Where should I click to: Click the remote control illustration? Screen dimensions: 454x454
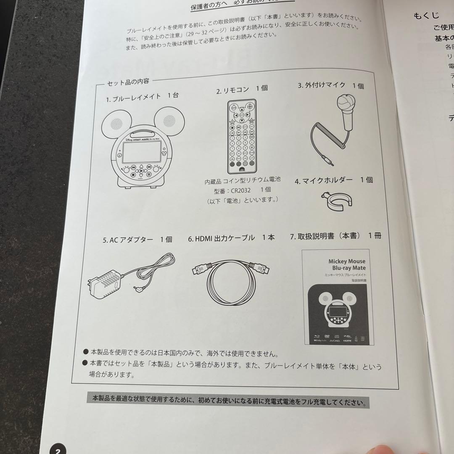(x=241, y=136)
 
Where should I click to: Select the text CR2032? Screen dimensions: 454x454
(x=240, y=190)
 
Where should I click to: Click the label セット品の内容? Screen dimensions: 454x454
(x=128, y=82)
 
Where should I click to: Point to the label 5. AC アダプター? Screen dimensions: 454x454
(x=137, y=240)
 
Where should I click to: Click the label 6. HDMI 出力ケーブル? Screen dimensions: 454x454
(x=231, y=238)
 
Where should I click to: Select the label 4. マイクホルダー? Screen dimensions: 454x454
(x=333, y=180)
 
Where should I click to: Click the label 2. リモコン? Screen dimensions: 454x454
(x=242, y=90)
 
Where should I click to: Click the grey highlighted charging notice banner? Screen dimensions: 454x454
(x=228, y=401)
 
